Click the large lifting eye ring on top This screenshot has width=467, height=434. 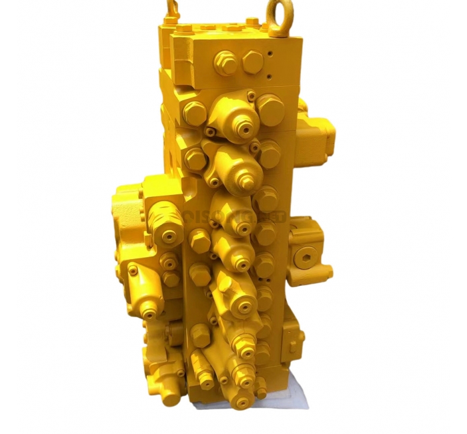277,11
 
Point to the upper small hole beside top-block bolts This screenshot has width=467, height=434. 272,49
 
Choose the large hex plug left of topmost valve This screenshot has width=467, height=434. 194,113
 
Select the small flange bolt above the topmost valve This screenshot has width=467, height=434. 251,97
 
